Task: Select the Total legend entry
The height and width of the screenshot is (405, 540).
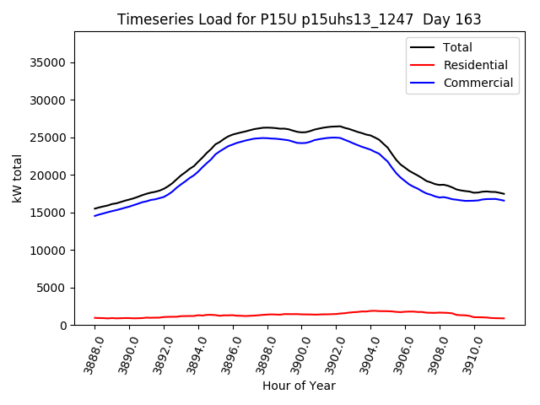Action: (456, 47)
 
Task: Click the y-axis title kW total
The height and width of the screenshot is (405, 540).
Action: (17, 178)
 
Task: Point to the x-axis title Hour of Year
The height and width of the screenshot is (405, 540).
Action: (299, 386)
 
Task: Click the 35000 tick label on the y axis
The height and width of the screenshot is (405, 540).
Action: (49, 62)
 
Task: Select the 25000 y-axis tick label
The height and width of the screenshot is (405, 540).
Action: (49, 138)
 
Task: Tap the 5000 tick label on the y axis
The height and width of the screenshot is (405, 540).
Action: (52, 288)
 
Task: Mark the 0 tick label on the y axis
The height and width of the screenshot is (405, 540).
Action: (63, 326)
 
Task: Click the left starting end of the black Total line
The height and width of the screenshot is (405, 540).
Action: (94, 208)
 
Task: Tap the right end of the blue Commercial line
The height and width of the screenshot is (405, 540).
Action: (505, 201)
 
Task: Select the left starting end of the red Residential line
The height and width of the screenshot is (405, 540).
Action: (94, 318)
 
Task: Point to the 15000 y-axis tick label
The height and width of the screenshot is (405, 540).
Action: (49, 213)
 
